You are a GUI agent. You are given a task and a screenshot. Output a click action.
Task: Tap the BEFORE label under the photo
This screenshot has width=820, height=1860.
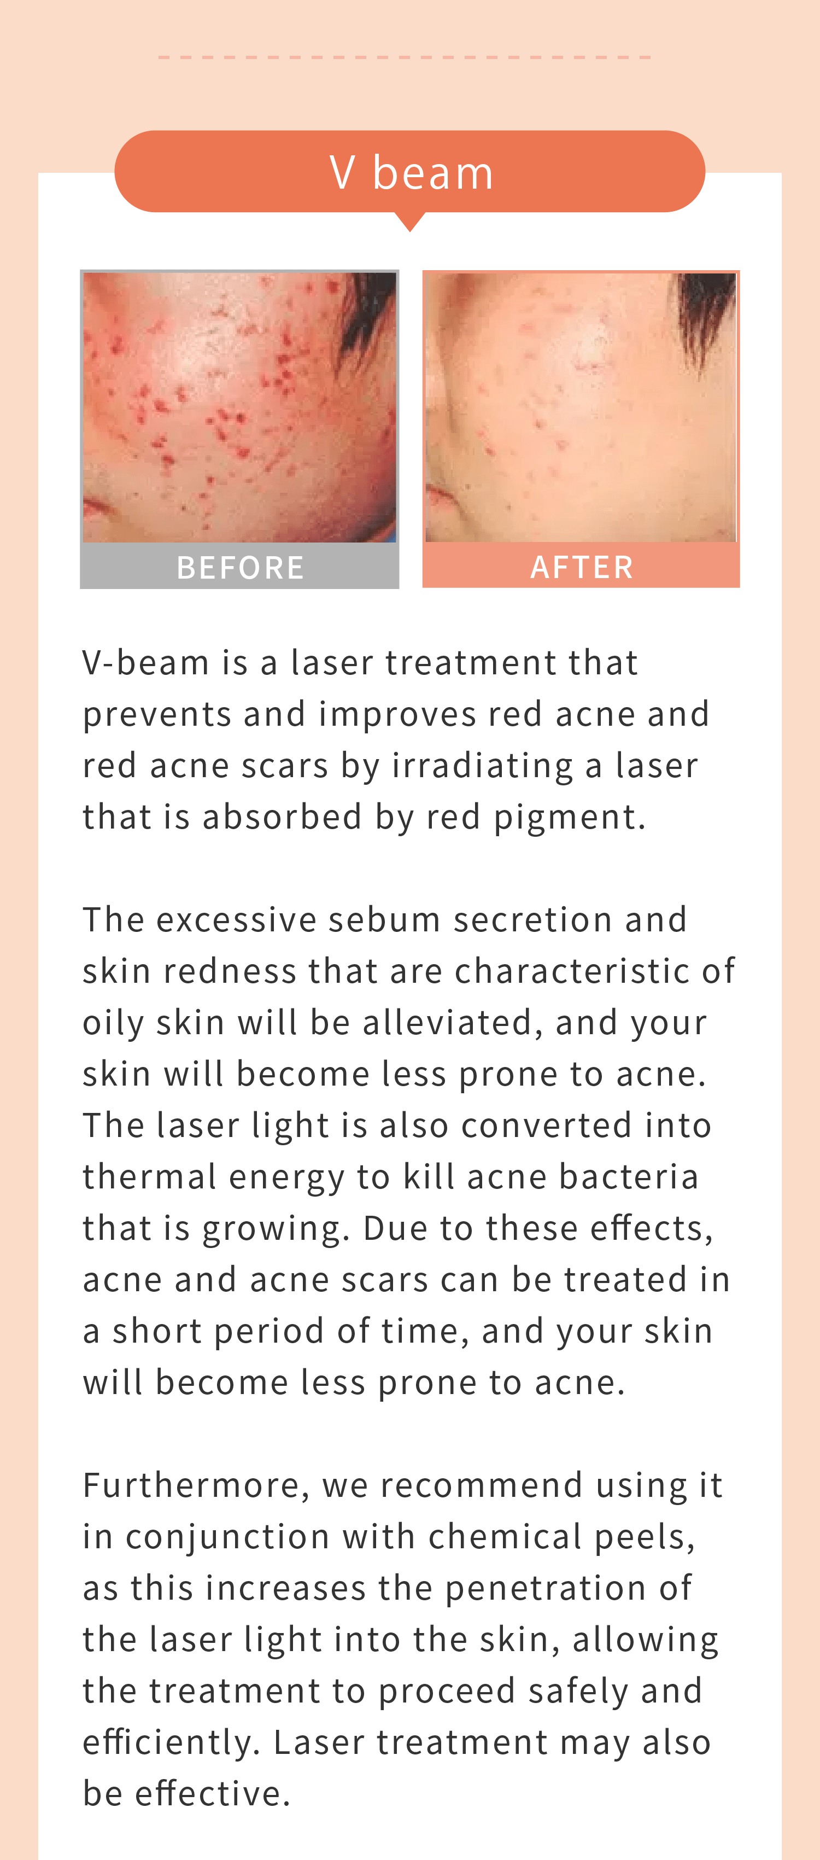[241, 567]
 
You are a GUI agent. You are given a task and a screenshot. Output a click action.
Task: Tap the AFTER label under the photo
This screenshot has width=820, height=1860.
[582, 566]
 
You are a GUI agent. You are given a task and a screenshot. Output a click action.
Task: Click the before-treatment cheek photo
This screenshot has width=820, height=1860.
[239, 407]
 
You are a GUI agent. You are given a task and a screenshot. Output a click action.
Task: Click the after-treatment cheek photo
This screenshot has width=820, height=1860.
[581, 407]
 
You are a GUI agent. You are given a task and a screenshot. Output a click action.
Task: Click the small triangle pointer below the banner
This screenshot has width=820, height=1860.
[410, 221]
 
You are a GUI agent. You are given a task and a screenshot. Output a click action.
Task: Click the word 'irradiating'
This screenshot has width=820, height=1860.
[483, 765]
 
